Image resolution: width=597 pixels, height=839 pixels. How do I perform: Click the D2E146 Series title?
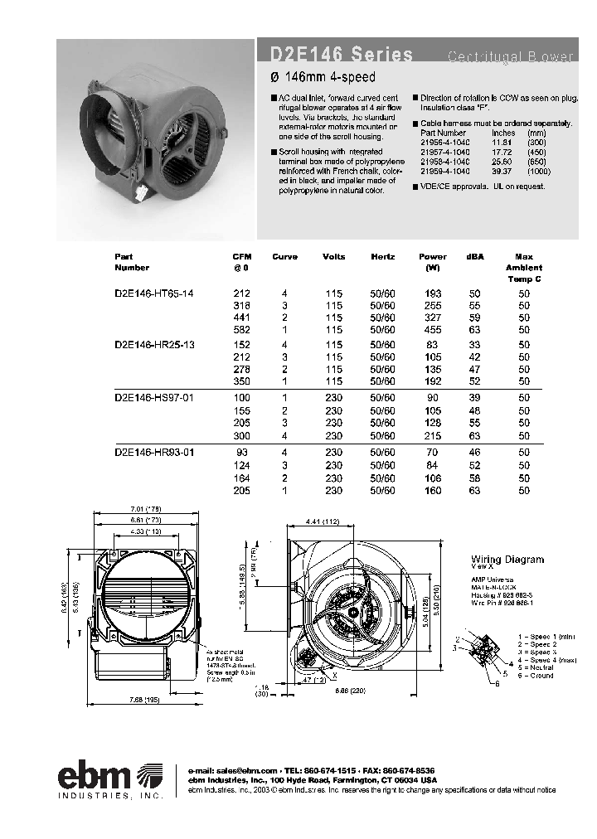pos(341,56)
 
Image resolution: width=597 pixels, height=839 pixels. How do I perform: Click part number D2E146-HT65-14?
pos(154,294)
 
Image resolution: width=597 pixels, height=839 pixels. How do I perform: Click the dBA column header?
pos(475,257)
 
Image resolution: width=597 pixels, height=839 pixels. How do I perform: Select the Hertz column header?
pos(384,257)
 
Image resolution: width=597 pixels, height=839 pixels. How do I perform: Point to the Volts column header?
pos(334,257)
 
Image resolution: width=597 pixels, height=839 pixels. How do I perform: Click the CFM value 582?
pos(241,329)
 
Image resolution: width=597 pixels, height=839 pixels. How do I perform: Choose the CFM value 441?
pos(241,318)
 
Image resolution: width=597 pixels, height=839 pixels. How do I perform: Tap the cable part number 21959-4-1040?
pos(444,170)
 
